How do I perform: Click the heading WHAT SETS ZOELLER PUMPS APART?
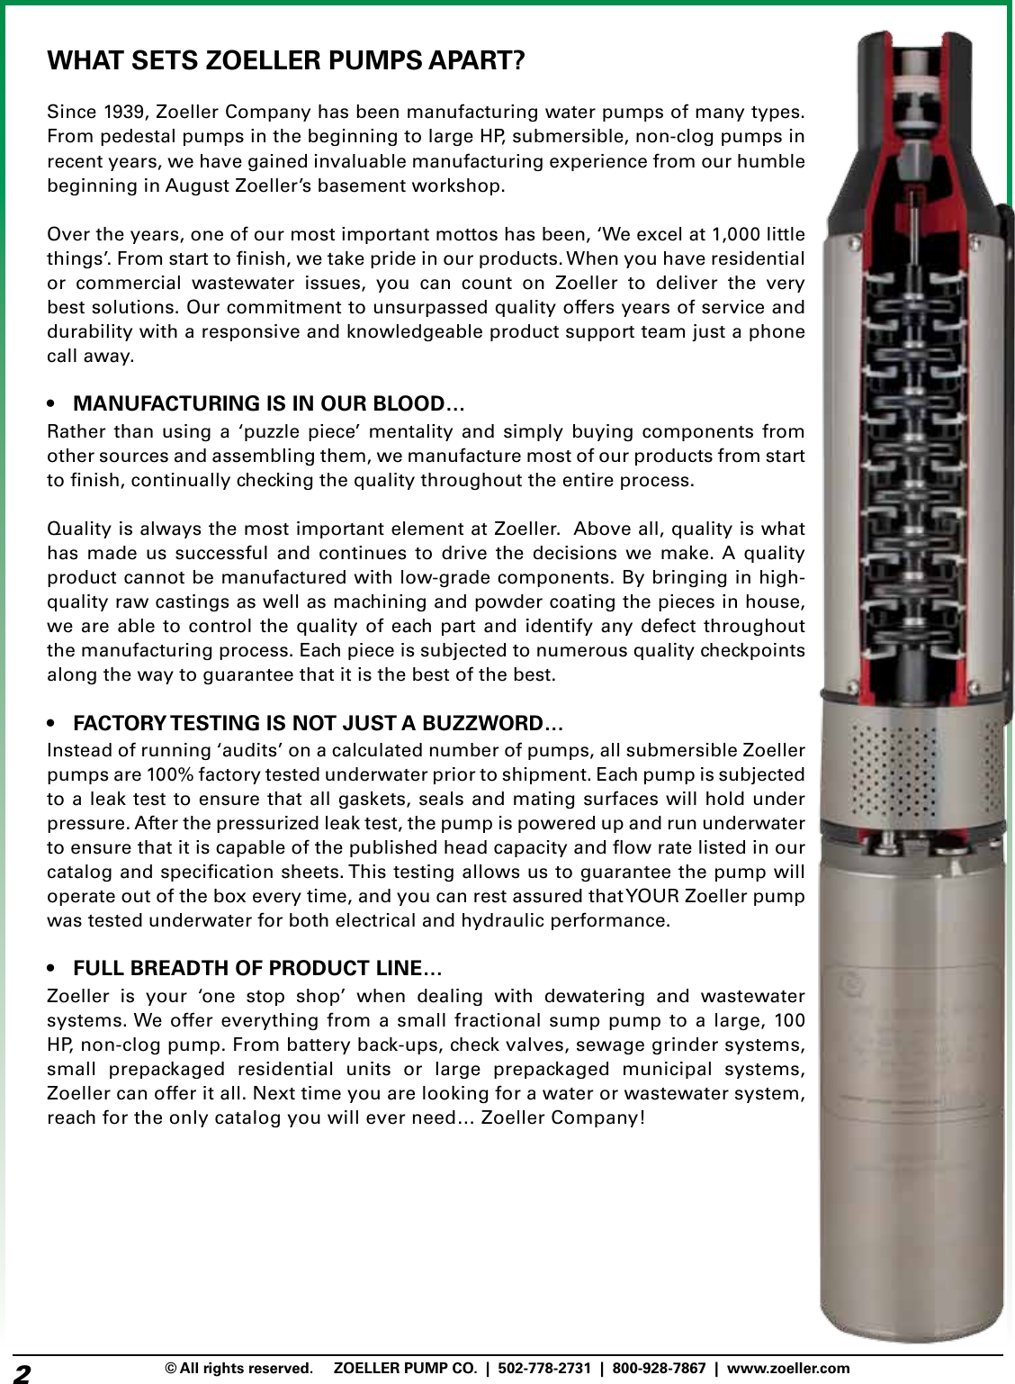coord(285,61)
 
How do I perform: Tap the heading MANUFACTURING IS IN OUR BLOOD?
coord(268,403)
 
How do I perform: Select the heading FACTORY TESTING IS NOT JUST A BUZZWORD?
coord(318,723)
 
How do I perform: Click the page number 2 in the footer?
coord(22,1371)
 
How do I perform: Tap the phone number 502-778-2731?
coord(544,1369)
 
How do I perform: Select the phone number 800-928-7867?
coord(659,1369)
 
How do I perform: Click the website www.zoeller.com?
coord(787,1369)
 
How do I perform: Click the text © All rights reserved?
coord(237,1369)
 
